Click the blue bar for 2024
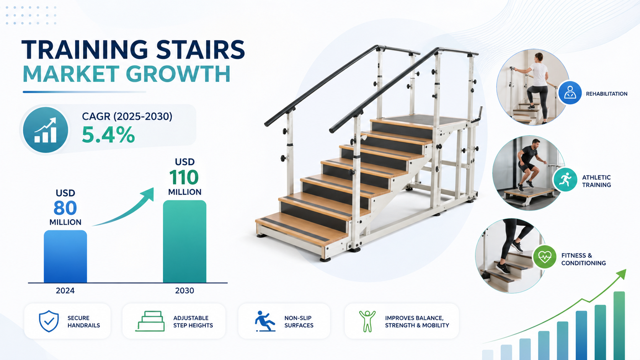coord(65,256)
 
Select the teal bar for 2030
coord(184,241)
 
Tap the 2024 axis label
coord(65,291)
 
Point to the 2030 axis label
coord(184,291)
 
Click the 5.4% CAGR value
coord(108,135)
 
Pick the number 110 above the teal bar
coord(184,177)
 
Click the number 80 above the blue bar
coord(65,208)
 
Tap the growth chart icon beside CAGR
coord(46,130)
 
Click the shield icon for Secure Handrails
coord(49,321)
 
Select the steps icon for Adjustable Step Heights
coord(150,321)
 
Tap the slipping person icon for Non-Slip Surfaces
coord(265,321)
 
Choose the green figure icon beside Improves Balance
coord(367,321)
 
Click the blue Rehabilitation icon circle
coord(570,93)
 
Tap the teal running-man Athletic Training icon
coord(565,180)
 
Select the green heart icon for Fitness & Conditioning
coord(545,257)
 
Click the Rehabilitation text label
coord(607,94)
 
